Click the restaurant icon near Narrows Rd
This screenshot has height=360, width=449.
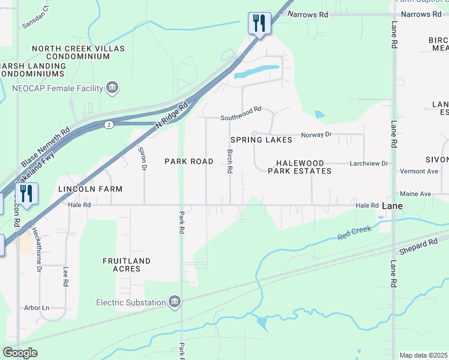(259, 23)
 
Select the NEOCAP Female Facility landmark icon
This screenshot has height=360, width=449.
(112, 88)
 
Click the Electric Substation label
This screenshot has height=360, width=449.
(132, 302)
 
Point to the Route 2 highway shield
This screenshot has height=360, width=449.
(108, 125)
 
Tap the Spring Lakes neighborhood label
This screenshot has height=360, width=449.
(261, 140)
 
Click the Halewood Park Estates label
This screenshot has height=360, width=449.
(304, 167)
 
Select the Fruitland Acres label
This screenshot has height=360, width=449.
(126, 265)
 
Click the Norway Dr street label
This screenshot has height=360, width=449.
(316, 134)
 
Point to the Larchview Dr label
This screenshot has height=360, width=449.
(369, 163)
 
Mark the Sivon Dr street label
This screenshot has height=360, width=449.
(143, 159)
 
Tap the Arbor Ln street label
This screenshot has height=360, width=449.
(37, 308)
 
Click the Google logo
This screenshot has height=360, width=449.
(20, 352)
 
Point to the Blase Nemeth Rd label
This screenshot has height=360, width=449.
(46, 147)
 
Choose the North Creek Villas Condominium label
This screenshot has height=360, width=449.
(71, 52)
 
